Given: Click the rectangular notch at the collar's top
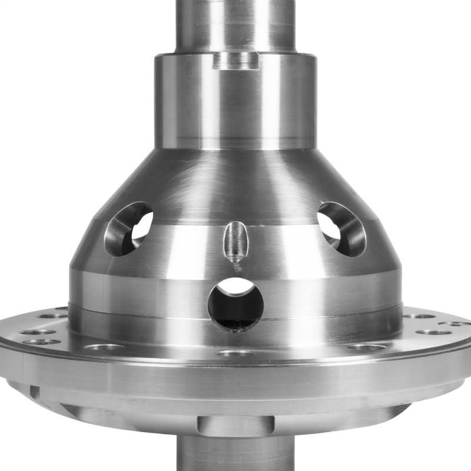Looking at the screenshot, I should pos(235,60).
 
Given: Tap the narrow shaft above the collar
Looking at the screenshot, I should pos(235,24).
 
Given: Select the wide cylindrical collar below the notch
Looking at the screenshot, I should pos(235,106).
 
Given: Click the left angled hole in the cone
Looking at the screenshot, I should pos(128,228).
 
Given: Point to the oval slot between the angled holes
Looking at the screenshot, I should pos(235,240).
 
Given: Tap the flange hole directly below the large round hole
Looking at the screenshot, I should pos(235,353).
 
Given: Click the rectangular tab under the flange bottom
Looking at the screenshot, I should pos(235,425).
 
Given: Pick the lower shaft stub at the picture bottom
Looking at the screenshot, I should pos(235,453).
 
